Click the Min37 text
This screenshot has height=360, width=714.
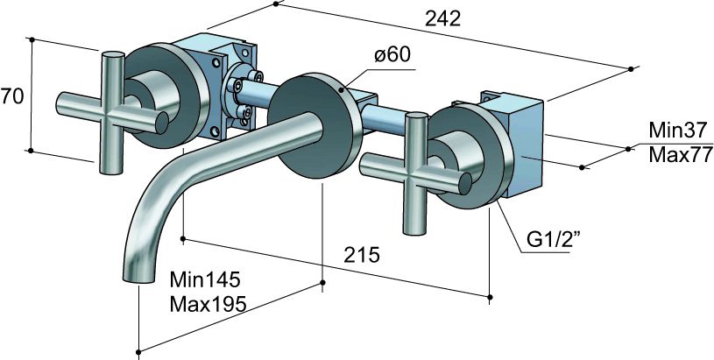point(677,131)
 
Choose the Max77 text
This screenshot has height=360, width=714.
point(677,156)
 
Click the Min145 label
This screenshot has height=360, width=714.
point(204,280)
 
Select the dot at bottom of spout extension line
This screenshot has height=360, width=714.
point(138,354)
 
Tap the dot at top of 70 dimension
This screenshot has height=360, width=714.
point(31,39)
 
